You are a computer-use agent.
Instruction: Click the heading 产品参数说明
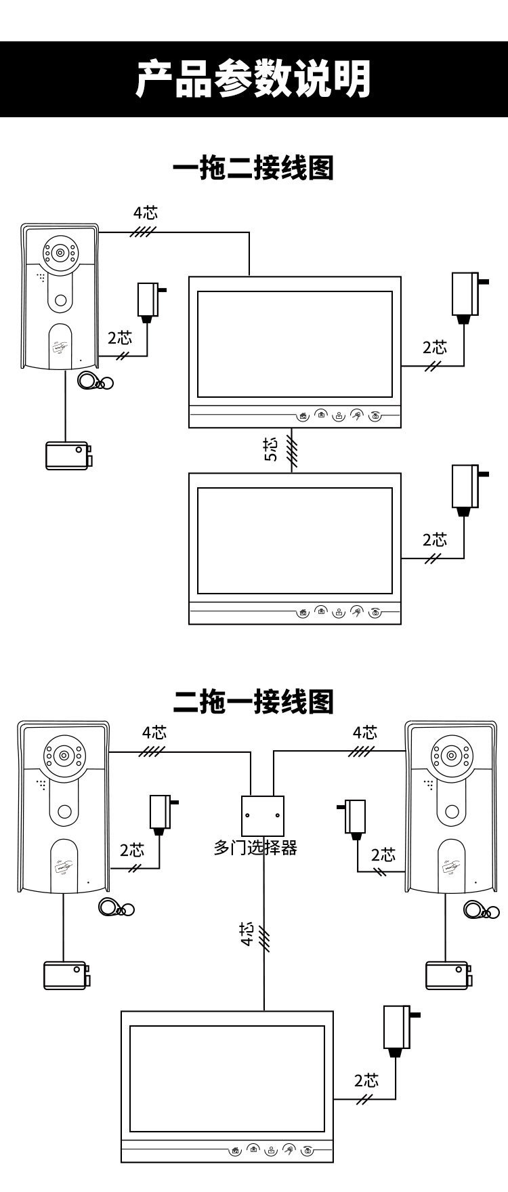tap(253, 80)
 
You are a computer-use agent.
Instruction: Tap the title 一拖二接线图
tap(253, 167)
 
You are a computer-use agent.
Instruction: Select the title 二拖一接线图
tap(253, 701)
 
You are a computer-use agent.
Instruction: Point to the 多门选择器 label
tap(255, 848)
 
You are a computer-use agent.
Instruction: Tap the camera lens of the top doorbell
tap(60, 253)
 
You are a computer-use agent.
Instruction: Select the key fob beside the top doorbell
tap(93, 382)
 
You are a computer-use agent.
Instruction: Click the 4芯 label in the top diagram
tap(145, 212)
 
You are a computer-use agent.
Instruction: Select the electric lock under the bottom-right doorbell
tap(446, 974)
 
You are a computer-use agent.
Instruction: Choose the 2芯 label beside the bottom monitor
tap(366, 1080)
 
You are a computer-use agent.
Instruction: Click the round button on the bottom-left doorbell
tap(65, 811)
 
